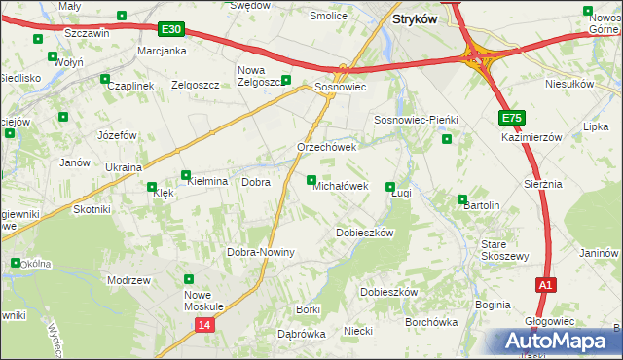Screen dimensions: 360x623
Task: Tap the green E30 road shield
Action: point(172,31)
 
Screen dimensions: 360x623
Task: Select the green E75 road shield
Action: point(513,118)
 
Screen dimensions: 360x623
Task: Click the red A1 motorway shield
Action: point(546,285)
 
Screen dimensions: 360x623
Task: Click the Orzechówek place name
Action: point(327,147)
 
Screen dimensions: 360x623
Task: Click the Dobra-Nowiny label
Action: point(260,252)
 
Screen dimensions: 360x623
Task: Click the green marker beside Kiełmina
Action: point(186,176)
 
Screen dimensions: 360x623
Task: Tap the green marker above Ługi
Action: point(391,187)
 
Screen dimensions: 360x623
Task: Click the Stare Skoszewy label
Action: point(504,249)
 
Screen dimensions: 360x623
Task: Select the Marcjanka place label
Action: point(162,51)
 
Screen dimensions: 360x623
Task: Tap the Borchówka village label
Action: point(431,322)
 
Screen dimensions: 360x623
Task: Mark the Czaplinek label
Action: point(132,86)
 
